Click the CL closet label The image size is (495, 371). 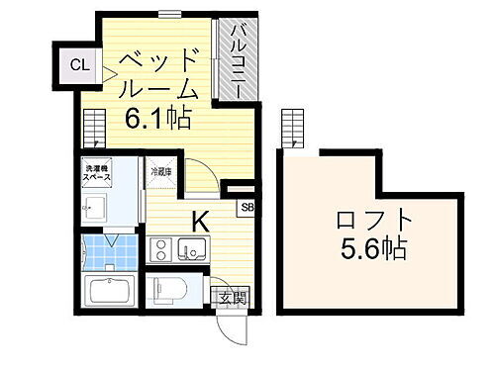coord(77,66)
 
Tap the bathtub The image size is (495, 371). coord(110,294)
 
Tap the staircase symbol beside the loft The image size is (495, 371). coord(294,128)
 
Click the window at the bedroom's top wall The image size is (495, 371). coord(169,15)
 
